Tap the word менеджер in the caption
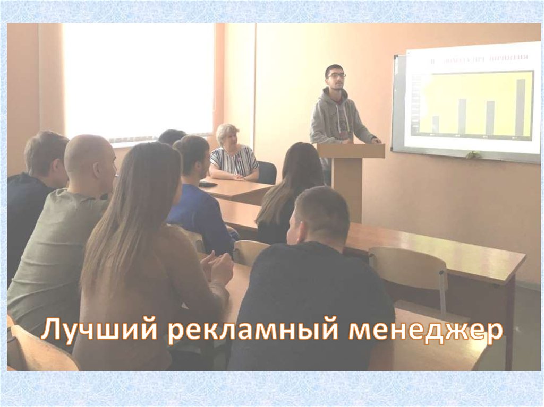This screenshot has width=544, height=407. point(425,330)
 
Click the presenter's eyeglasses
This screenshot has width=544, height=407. point(336,76)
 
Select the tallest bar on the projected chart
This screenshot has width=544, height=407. point(520,106)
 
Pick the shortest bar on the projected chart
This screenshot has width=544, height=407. point(436,124)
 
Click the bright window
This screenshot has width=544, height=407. point(138,80)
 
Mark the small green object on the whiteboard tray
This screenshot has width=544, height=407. point(473,155)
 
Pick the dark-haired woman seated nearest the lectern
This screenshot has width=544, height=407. point(290,194)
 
